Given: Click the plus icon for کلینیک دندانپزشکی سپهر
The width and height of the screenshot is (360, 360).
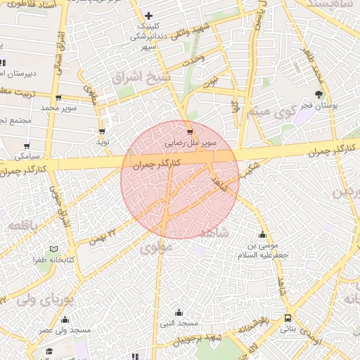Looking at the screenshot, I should click(x=148, y=15).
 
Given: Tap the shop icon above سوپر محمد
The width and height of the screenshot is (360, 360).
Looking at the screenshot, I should click(x=58, y=98).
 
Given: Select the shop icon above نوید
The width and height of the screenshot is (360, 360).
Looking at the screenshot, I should click(x=103, y=131).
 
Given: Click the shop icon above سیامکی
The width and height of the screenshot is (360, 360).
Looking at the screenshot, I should click(x=27, y=146).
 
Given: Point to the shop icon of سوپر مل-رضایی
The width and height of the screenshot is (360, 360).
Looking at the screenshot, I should click(x=189, y=131).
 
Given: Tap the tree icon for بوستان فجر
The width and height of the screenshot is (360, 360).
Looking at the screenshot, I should click(x=320, y=94).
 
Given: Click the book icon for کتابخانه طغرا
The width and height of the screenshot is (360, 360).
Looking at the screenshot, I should click(x=55, y=249).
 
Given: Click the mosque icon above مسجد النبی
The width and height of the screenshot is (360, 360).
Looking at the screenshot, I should click(x=179, y=312).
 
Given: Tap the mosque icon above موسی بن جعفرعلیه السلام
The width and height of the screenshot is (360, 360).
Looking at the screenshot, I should click(x=263, y=236).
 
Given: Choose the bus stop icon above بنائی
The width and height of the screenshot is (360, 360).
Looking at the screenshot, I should click(x=288, y=318).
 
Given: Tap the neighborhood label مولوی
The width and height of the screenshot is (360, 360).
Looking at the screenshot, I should click(x=155, y=247).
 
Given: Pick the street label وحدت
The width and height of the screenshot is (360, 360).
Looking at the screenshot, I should click(x=193, y=62).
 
